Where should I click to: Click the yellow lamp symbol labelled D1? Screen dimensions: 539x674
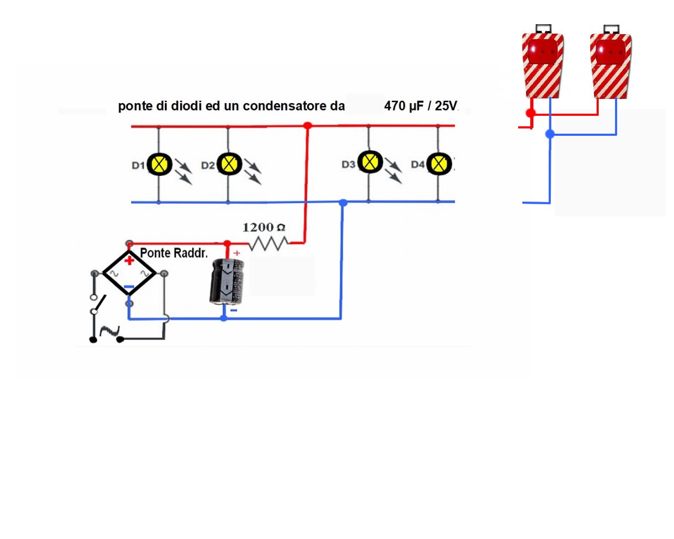click(x=159, y=165)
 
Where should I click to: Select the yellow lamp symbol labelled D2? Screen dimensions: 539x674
click(x=229, y=164)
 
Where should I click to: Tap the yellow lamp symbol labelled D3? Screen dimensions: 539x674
click(x=370, y=162)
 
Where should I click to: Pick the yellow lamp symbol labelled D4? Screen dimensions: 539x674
click(x=439, y=164)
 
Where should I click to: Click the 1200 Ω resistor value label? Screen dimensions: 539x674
click(x=263, y=227)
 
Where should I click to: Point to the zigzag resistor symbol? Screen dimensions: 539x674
click(x=269, y=244)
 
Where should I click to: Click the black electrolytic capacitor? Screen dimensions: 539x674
click(x=226, y=282)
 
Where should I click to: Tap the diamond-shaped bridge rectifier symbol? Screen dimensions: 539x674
click(x=129, y=273)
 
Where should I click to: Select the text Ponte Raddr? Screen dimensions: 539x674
click(x=174, y=253)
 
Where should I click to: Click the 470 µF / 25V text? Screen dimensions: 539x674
click(x=420, y=106)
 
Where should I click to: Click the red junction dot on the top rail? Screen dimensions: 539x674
click(x=308, y=125)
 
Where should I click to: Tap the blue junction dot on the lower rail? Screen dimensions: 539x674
click(x=343, y=202)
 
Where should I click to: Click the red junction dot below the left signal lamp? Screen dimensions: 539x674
click(x=530, y=113)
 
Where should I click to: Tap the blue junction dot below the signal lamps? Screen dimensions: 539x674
click(x=550, y=134)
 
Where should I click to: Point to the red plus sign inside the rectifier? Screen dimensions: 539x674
click(x=129, y=260)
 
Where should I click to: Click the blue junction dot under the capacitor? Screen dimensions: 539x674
click(x=224, y=318)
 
